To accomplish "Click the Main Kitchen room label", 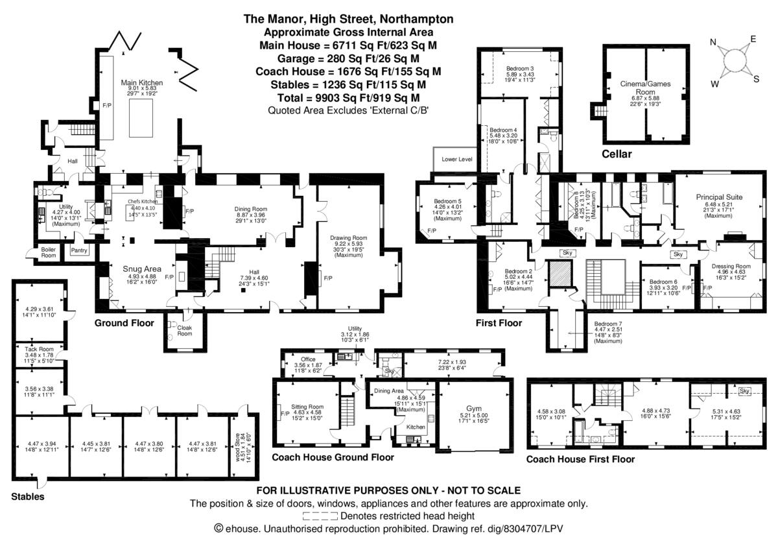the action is [x=142, y=83].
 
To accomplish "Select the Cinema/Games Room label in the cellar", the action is [x=645, y=88].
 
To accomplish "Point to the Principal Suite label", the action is [x=719, y=197].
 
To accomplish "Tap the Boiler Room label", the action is [x=49, y=252].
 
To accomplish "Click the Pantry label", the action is [x=79, y=250].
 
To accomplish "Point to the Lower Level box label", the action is [x=456, y=159].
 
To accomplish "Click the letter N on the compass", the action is [x=714, y=43].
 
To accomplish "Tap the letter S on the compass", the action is [x=756, y=79].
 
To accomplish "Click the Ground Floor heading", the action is [x=124, y=323].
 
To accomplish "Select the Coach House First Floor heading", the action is [x=580, y=459].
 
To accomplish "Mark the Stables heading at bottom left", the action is [x=28, y=497].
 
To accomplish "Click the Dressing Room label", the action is [x=731, y=266].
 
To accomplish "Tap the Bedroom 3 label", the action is [x=520, y=69].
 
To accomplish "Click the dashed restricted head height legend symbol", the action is [x=320, y=516].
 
